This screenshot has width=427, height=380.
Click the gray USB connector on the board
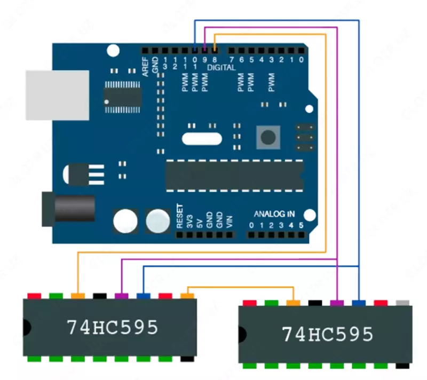click(57, 95)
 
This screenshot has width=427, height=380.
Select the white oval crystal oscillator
click(201, 138)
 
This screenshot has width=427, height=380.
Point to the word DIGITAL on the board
click(221, 68)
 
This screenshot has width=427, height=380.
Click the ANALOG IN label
click(274, 213)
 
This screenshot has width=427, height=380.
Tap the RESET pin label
click(179, 216)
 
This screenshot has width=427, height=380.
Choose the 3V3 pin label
click(189, 221)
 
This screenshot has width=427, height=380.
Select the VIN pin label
click(230, 221)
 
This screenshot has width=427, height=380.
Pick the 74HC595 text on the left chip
click(112, 327)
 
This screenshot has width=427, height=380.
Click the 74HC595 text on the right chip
click(327, 334)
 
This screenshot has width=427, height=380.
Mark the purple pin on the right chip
click(336, 303)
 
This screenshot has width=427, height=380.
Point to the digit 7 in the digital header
click(231, 59)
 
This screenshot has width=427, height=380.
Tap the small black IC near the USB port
click(122, 97)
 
